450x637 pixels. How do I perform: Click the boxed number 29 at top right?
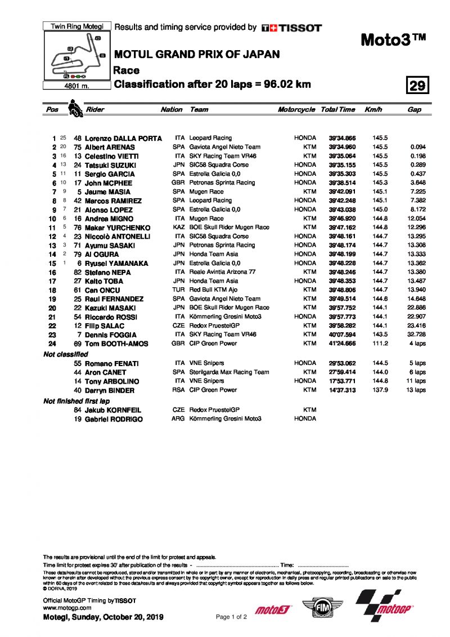pyautogui.click(x=418, y=86)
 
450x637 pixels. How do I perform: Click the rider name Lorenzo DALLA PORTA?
pyautogui.click(x=123, y=138)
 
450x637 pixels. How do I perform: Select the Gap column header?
pyautogui.click(x=414, y=110)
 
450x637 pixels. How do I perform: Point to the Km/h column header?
pyautogui.click(x=373, y=110)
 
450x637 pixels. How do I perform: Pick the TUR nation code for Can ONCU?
pyautogui.click(x=179, y=289)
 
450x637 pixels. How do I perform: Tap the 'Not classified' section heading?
pyautogui.click(x=66, y=354)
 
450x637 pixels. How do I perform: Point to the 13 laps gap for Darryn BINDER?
pyautogui.click(x=416, y=390)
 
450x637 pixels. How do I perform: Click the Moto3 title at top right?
pyautogui.click(x=393, y=40)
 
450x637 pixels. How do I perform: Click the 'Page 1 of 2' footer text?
pyautogui.click(x=231, y=617)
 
